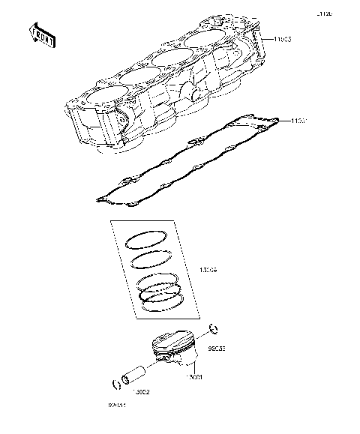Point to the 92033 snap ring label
[217, 348]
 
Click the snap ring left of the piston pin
[116, 385]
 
